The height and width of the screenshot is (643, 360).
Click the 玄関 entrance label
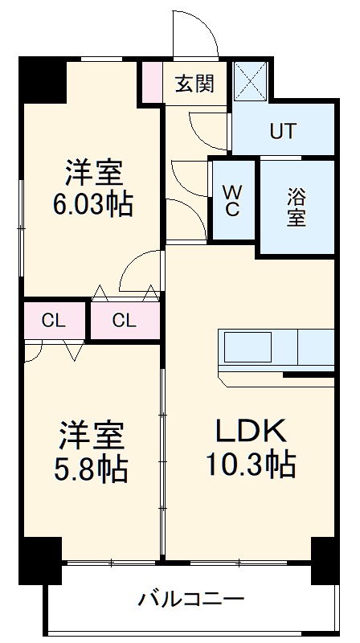(x=194, y=83)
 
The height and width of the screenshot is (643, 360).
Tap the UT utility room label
(x=282, y=131)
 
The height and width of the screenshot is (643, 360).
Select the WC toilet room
(x=231, y=200)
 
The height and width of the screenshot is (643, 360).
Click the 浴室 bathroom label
(x=296, y=207)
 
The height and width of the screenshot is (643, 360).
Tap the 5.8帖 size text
(x=91, y=469)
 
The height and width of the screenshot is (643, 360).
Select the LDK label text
(x=250, y=432)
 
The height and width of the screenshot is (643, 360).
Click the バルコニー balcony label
(x=191, y=599)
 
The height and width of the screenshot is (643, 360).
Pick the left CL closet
(x=53, y=321)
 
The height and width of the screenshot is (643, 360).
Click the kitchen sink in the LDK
(x=248, y=348)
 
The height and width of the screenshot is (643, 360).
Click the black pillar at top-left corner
(x=43, y=79)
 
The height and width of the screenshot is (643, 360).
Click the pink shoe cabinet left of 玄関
(x=152, y=82)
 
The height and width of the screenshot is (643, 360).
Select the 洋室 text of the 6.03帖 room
(x=93, y=172)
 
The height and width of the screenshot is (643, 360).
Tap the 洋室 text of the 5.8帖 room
(x=91, y=436)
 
